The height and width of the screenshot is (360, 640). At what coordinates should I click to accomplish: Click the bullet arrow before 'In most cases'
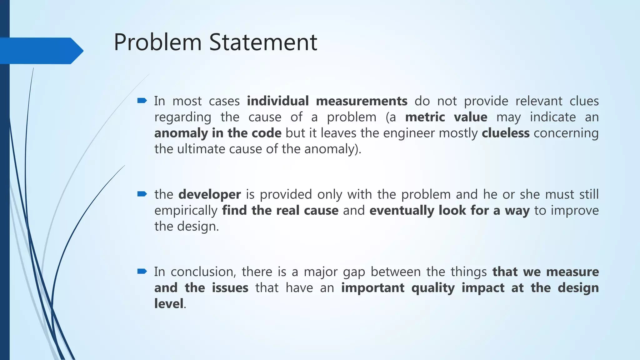(142, 101)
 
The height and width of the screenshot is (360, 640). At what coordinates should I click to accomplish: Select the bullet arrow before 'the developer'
(142, 194)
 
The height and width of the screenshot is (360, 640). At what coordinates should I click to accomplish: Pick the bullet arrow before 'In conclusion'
(142, 271)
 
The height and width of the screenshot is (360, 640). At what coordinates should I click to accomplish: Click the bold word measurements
(362, 101)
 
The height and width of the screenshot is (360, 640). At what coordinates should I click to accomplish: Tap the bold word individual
(277, 101)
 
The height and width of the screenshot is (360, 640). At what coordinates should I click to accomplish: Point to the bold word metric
(425, 117)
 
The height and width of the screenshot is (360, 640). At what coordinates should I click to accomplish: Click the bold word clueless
(505, 133)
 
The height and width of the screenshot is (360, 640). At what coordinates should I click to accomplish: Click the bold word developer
(209, 195)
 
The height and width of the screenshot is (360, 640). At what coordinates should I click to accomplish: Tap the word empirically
(186, 211)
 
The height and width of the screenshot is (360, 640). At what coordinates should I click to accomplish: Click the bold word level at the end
(169, 304)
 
